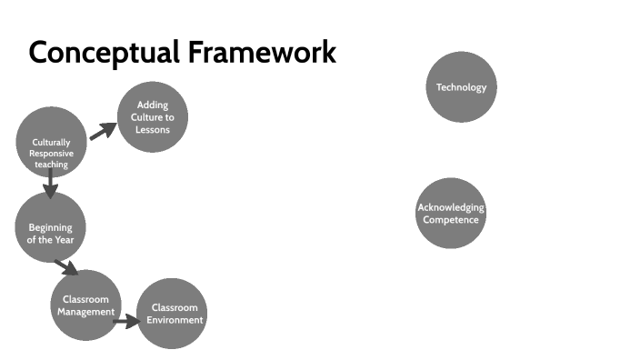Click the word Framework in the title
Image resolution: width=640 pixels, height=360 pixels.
263,53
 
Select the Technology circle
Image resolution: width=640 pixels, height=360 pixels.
462,87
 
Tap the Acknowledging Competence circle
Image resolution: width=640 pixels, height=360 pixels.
451,214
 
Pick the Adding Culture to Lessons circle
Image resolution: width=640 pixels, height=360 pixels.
153,117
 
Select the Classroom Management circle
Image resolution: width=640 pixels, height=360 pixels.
85,305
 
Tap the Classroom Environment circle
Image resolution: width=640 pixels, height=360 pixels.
173,314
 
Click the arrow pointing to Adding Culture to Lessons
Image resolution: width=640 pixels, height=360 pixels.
103,130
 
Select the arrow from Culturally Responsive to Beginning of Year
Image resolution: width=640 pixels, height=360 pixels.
50,188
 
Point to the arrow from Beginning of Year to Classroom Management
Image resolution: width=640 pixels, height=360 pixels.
66,266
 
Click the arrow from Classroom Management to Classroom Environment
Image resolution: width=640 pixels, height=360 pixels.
128,320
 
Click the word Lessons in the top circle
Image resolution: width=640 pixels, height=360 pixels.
153,130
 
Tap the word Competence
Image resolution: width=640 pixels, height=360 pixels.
451,220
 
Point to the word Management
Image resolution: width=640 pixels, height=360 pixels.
85,312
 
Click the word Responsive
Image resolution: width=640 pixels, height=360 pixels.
51,154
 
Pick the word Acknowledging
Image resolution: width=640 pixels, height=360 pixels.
451,208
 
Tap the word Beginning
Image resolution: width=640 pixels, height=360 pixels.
50,227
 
